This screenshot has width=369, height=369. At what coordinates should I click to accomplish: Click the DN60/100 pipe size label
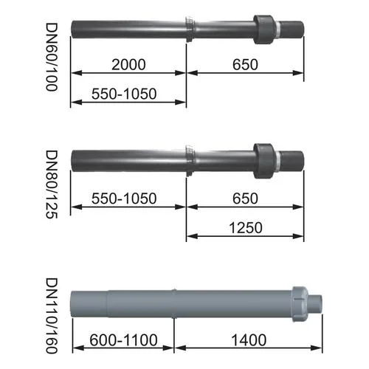tap(52, 57)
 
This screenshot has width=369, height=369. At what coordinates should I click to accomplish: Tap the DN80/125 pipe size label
tap(52, 184)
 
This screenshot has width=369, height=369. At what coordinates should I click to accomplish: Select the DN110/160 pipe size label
tap(52, 316)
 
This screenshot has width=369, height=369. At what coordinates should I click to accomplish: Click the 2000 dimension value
tap(128, 64)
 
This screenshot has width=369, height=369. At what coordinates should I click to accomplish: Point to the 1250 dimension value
tap(246, 227)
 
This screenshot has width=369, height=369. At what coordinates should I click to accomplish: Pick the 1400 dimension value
tap(249, 340)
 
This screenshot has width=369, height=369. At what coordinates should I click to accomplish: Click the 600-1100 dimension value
tap(123, 340)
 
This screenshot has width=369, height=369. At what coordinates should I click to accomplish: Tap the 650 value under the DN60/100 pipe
tap(245, 64)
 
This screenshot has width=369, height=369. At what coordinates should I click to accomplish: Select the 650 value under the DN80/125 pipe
tap(245, 199)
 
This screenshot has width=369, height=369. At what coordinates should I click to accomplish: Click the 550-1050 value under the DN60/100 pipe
tap(124, 94)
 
